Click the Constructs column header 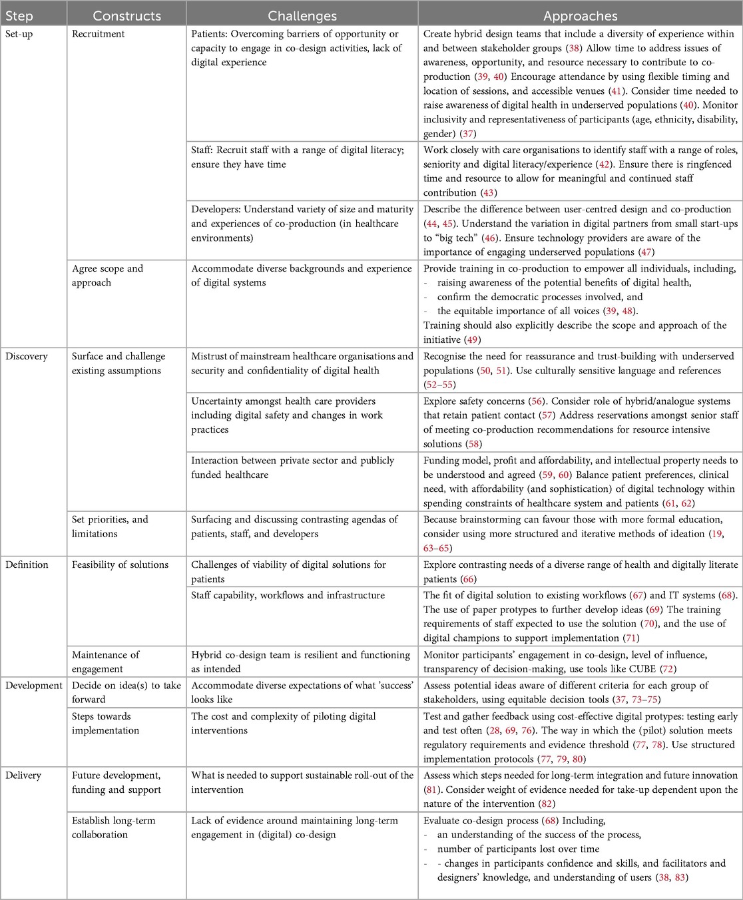pos(126,15)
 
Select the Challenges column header pos(302,15)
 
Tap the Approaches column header pos(580,15)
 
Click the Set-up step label pos(19,34)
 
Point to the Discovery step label pos(27,356)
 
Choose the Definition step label pos(27,564)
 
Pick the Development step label pos(33,686)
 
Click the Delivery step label pos(23,776)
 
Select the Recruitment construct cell pos(99,34)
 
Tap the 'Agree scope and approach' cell pos(107,276)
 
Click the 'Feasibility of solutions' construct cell pos(120,564)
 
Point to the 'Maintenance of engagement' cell pos(105,662)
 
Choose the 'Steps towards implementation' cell pos(105,723)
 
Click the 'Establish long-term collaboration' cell pos(113,827)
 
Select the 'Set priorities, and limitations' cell pos(110,527)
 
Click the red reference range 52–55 pos(443,385)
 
